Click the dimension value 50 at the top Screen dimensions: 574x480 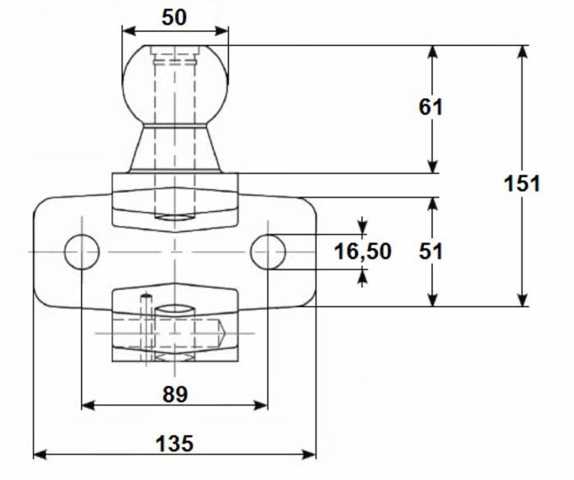pos(174,17)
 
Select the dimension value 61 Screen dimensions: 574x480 pos(430,107)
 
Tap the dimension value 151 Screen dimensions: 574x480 pos(522,183)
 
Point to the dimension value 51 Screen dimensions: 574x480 pos(430,251)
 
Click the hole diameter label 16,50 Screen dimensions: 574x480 pos(362,251)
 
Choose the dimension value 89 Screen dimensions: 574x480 pos(175,394)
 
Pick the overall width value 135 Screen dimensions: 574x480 pos(174,443)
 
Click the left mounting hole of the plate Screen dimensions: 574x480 pos(82,252)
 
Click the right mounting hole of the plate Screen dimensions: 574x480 pos(268,252)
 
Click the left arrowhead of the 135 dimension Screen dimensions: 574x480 pos(40,455)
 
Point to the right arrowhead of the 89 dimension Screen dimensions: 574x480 pos(261,405)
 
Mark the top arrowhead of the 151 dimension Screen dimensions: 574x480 pos(523,52)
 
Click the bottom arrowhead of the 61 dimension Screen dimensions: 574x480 pos(433,166)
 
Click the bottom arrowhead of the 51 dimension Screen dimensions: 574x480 pos(433,300)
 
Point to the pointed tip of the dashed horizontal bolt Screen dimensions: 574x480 pos(225,333)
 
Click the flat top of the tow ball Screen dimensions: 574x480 pos(175,46)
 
